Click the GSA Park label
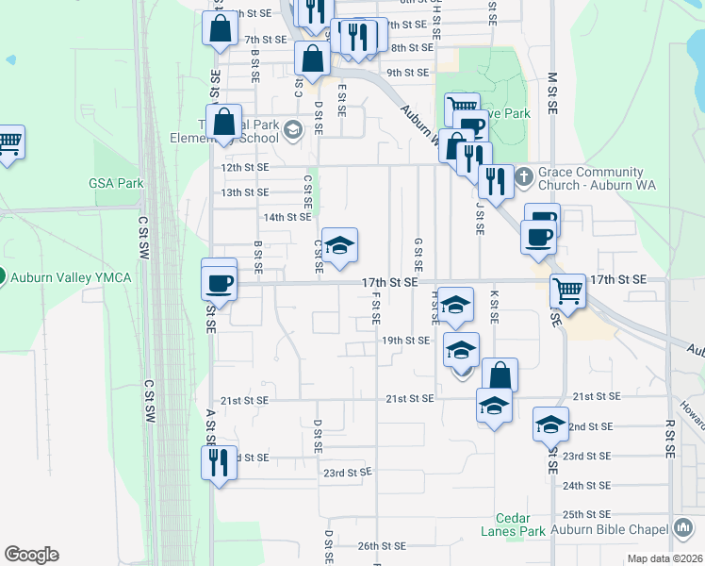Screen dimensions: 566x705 pyautogui.click(x=115, y=182)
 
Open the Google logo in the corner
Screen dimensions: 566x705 pyautogui.click(x=31, y=555)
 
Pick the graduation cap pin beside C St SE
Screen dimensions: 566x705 pyautogui.click(x=339, y=246)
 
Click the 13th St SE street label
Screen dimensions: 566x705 pyautogui.click(x=244, y=192)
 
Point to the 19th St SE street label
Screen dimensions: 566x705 pyautogui.click(x=405, y=340)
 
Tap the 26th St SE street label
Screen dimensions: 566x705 pyautogui.click(x=382, y=545)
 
